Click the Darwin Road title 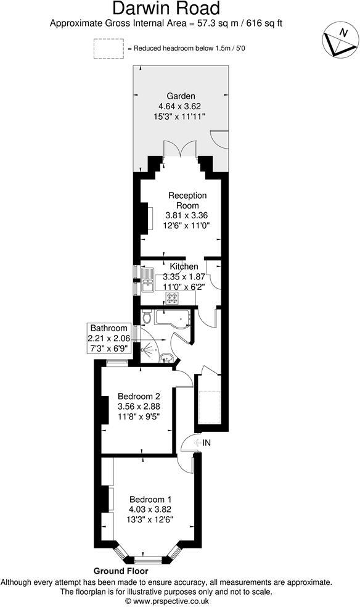[166, 9]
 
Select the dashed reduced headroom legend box [108, 49]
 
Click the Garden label [181, 96]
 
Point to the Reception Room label [187, 200]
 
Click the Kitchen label [184, 266]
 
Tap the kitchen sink [148, 281]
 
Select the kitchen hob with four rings [172, 298]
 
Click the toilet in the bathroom [146, 317]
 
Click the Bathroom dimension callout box [109, 338]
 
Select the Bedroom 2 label [139, 395]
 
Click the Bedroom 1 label [150, 499]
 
